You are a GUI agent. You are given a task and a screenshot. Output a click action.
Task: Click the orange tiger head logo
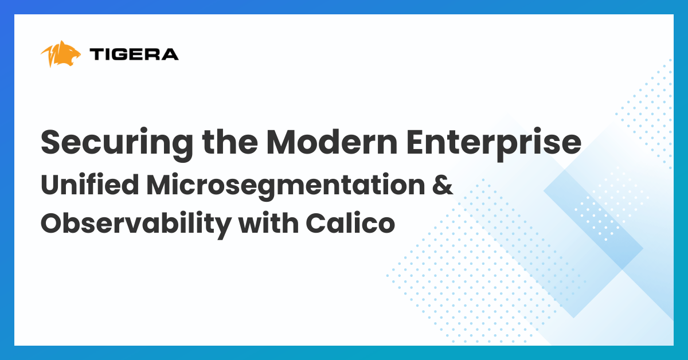61,54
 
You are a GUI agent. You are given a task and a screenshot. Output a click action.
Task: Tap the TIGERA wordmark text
134,54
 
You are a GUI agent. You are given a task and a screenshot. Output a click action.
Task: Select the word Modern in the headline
332,142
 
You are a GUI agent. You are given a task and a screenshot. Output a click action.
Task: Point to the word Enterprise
494,144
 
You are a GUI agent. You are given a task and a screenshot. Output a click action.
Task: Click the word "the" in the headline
230,142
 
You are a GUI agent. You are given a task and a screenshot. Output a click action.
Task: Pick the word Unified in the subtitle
89,185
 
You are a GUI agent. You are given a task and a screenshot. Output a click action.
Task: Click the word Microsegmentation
286,186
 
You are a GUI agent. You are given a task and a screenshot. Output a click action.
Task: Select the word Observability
136,224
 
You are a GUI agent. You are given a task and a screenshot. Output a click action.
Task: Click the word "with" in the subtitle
269,222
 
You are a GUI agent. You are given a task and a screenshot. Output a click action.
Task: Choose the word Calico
350,222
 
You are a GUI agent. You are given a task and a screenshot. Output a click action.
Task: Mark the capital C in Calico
316,224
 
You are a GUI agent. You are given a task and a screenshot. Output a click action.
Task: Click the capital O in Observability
53,224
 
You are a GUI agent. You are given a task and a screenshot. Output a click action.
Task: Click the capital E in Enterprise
415,142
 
